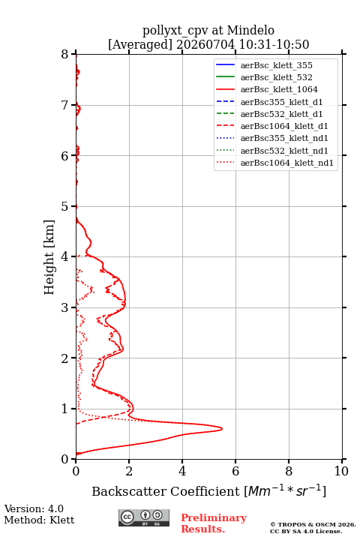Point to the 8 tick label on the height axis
[x=65, y=54]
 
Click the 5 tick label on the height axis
[x=65, y=206]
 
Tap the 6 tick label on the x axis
[x=235, y=471]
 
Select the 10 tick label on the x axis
[x=341, y=471]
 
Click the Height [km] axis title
[x=49, y=257]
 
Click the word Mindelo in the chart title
[x=250, y=31]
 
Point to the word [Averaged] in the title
[x=140, y=44]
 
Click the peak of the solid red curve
[x=222, y=428]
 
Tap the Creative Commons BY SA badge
[x=144, y=517]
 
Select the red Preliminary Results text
[x=214, y=523]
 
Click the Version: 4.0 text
[x=34, y=508]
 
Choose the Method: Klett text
[x=39, y=520]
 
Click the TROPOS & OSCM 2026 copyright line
[x=313, y=524]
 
